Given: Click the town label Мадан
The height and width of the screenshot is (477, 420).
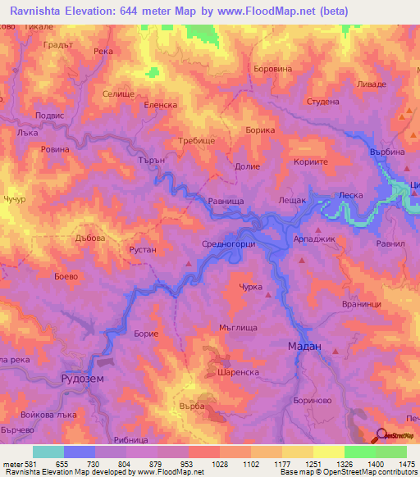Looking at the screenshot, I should click(304, 347).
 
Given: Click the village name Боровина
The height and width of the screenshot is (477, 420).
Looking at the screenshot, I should click(273, 70).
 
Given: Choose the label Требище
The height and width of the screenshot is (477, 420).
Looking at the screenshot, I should click(198, 141).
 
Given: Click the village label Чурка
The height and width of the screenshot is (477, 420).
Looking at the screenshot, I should click(250, 287).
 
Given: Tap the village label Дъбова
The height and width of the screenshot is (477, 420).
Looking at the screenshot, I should click(90, 238).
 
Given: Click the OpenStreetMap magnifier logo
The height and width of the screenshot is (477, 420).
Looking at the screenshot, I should click(381, 436).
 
